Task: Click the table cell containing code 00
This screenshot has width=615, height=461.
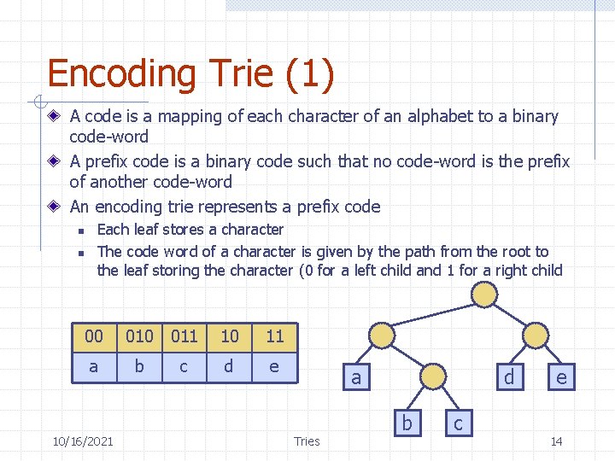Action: point(94,336)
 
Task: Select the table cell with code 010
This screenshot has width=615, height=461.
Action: point(139,336)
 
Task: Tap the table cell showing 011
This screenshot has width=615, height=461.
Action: point(184,336)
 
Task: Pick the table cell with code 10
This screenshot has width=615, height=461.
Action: point(230,336)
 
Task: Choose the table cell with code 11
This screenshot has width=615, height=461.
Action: point(274,336)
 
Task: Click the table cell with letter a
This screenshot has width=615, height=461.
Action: point(94,366)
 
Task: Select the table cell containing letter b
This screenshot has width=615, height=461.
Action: point(139,366)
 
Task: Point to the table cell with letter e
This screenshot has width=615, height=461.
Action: point(274,366)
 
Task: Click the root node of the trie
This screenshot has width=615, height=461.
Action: point(484,295)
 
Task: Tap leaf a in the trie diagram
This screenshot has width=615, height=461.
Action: point(356,376)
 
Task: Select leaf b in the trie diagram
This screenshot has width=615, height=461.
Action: point(407,423)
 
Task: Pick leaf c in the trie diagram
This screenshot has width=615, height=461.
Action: point(459,423)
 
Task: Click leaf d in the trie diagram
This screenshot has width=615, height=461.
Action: point(510,376)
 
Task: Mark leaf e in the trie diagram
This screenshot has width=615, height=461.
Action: point(561,376)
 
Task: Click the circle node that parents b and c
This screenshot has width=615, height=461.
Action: point(433,376)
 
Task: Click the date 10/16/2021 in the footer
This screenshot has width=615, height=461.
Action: point(82,441)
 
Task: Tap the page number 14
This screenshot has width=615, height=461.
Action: point(556,441)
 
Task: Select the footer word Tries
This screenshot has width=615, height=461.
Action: point(306,441)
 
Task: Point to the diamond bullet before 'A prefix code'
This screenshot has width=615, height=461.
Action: point(55,161)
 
